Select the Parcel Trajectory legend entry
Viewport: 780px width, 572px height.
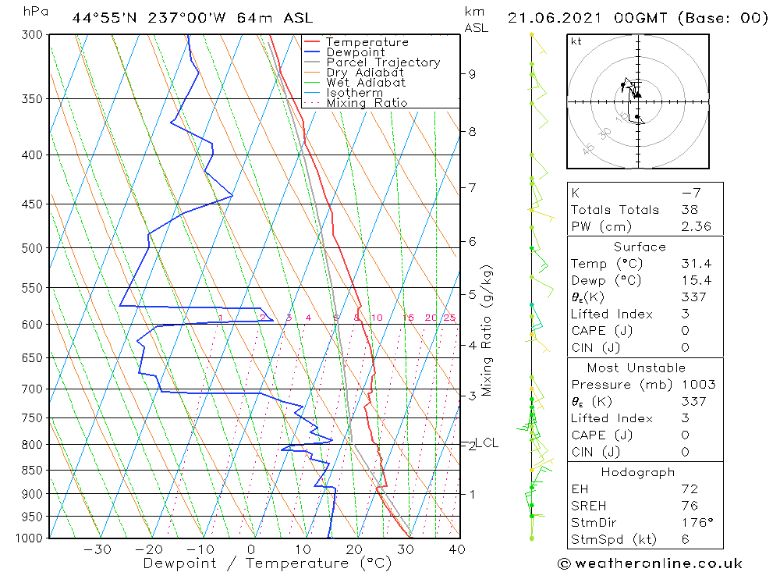[383, 62]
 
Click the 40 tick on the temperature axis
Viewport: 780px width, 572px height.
[457, 549]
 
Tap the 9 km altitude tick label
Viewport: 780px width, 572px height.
[472, 74]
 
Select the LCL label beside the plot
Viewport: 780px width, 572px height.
[487, 443]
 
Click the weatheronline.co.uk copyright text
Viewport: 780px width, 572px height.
[650, 563]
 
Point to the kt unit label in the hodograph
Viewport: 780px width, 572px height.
[576, 41]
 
